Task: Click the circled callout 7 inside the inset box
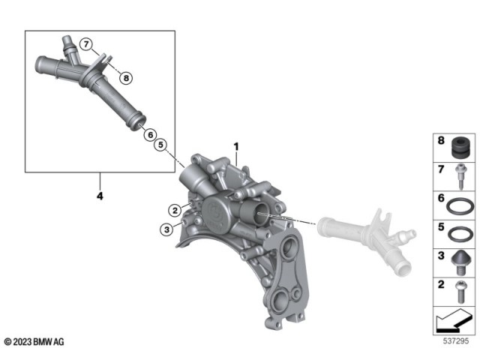pos(87,44)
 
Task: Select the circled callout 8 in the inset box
pos(126,77)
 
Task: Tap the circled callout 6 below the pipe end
pos(149,134)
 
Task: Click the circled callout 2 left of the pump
pos(172,209)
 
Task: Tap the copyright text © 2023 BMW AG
pos(34,342)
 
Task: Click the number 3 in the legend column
pos(441,256)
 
